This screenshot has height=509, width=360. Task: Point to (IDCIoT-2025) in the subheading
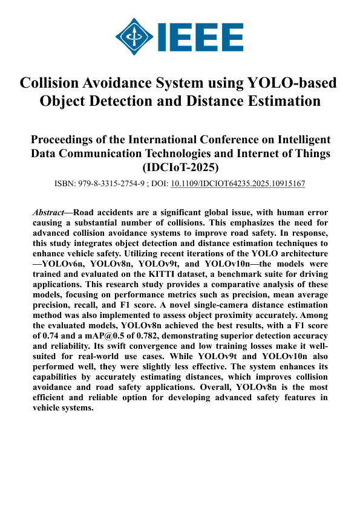[180, 167]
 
